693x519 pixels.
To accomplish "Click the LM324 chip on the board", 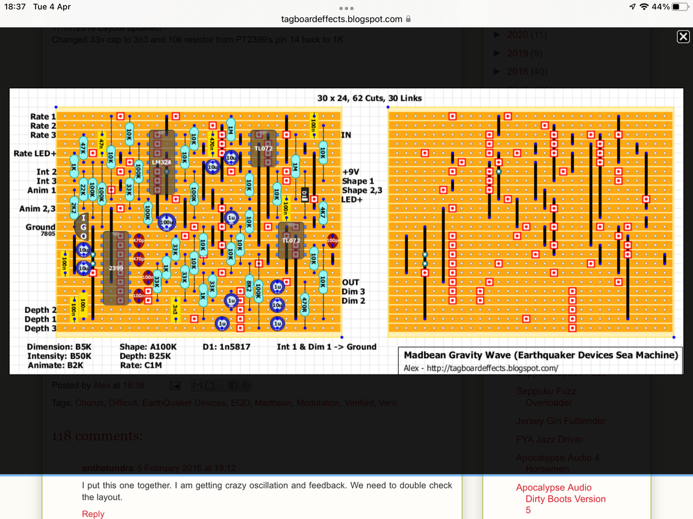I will (x=162, y=162).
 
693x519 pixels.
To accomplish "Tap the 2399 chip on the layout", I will (x=116, y=268).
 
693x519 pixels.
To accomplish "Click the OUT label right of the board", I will (x=351, y=282).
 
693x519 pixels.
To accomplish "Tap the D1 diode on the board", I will (x=305, y=194).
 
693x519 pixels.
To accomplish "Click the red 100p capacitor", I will (x=333, y=240).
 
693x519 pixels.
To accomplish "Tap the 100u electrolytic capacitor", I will (x=167, y=223).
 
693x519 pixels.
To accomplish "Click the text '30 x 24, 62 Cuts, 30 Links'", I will (x=369, y=98).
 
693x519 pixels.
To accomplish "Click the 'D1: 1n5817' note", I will (x=226, y=346).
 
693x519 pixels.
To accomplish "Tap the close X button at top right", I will (x=683, y=37).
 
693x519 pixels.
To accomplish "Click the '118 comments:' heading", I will (x=97, y=436).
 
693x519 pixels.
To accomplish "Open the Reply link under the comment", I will (x=93, y=514).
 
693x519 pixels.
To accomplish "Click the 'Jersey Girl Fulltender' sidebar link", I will (x=561, y=421).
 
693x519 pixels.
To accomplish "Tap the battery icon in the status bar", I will (x=679, y=6).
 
